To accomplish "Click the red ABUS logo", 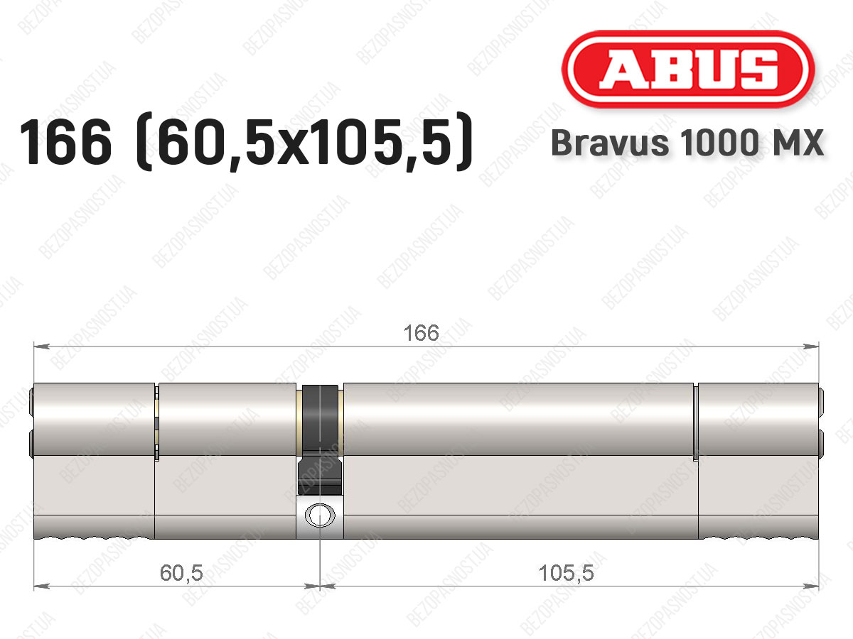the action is (688, 69).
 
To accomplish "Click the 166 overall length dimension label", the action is (422, 333).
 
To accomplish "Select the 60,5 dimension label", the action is (181, 573).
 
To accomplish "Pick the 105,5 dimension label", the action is (567, 573).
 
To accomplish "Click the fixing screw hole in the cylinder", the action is (320, 515).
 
